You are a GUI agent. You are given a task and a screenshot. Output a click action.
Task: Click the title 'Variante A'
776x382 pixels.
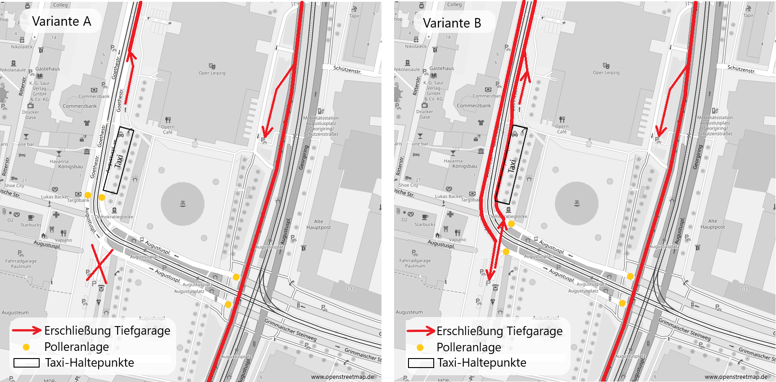[x=62, y=21]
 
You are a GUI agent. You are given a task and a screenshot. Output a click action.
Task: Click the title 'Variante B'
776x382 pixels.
[x=452, y=23]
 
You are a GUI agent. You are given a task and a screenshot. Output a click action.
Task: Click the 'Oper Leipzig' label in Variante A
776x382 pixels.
[x=212, y=73]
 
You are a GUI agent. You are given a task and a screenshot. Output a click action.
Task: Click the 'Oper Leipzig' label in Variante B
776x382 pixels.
[x=606, y=72]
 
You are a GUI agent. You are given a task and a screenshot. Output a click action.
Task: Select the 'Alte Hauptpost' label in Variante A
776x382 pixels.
[x=318, y=224]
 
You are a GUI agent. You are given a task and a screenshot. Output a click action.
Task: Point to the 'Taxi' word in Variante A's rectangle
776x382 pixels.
[x=119, y=161]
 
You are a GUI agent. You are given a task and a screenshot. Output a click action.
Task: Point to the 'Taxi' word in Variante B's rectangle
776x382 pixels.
[x=512, y=166]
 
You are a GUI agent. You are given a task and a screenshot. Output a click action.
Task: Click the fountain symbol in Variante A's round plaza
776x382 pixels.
[x=183, y=204]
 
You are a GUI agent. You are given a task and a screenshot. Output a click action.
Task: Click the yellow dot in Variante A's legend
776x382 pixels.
[x=26, y=347]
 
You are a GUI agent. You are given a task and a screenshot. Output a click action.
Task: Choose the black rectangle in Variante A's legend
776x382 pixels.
[x=27, y=363]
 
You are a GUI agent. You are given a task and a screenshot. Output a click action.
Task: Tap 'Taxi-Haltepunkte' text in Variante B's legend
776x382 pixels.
[x=481, y=363]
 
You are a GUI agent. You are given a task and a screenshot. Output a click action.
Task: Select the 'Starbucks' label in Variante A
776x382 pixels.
[x=31, y=225]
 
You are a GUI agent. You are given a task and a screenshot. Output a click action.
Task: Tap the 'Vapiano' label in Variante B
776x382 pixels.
[x=457, y=239]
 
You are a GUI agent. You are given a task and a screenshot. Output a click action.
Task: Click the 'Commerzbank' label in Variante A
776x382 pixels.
[x=80, y=106]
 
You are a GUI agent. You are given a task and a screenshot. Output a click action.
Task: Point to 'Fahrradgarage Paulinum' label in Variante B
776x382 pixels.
[x=415, y=263]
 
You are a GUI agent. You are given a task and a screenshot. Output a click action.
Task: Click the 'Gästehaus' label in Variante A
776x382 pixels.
[x=48, y=69]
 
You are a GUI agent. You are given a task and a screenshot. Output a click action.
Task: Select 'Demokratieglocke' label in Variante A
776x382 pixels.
[x=114, y=216]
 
